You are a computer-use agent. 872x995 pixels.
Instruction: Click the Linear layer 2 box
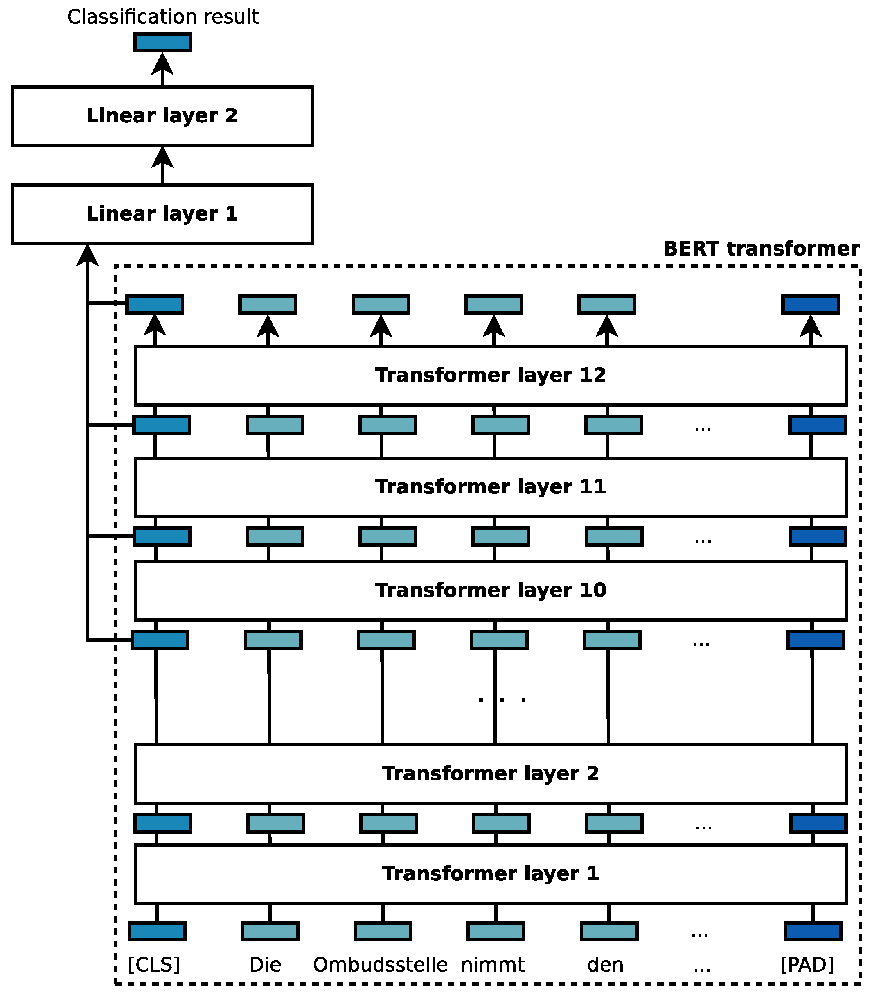point(162,116)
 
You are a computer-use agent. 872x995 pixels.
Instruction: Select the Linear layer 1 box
point(162,214)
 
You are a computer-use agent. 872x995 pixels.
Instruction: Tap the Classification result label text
point(163,17)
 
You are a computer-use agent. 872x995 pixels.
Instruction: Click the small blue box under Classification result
point(162,42)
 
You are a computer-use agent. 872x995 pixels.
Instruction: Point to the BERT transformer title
point(761,249)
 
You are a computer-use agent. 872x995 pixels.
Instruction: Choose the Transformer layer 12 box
point(491,375)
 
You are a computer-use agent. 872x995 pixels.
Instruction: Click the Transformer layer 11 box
point(491,487)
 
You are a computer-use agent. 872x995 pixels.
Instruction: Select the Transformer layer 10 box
point(491,590)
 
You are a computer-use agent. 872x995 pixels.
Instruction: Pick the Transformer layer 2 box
point(491,774)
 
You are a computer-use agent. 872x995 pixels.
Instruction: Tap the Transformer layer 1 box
point(491,874)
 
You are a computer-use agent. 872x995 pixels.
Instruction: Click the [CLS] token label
point(154,964)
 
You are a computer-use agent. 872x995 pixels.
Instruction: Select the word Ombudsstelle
point(380,964)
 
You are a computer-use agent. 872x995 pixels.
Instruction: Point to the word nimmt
point(493,964)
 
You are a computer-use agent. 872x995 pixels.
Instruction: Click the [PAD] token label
point(807,964)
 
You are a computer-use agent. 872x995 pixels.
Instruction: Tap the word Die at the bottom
point(265,964)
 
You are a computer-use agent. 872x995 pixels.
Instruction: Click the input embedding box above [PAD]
point(813,931)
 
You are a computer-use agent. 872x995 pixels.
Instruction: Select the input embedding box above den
point(609,931)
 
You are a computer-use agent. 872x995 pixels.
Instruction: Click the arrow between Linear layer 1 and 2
point(162,165)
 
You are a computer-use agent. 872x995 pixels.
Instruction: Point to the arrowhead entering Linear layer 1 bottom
point(88,255)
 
